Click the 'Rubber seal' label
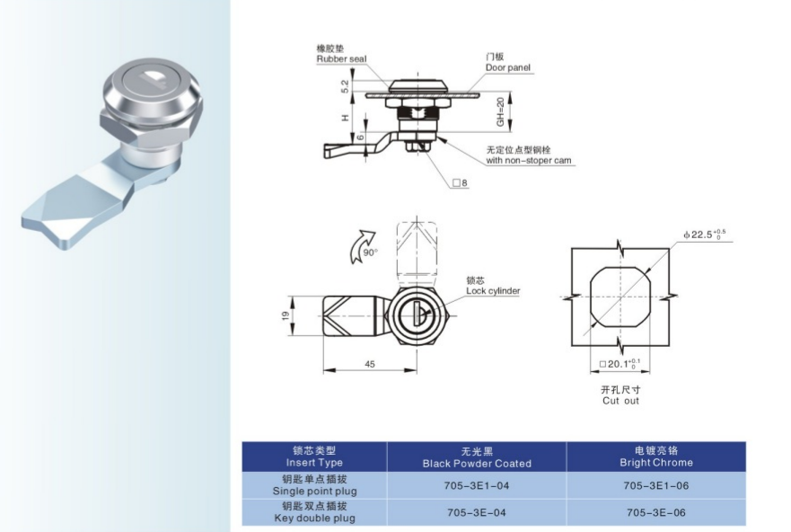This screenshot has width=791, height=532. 341,59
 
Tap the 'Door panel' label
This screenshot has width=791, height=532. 508,67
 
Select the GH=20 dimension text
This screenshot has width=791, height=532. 500,112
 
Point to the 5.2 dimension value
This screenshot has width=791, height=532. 345,86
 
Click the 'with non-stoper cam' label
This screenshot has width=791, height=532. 529,161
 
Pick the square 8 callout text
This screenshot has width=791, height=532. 460,183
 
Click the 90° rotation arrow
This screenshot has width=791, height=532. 362,246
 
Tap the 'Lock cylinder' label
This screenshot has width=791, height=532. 493,291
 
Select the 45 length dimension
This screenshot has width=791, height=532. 370,364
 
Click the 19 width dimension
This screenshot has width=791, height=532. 286,315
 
